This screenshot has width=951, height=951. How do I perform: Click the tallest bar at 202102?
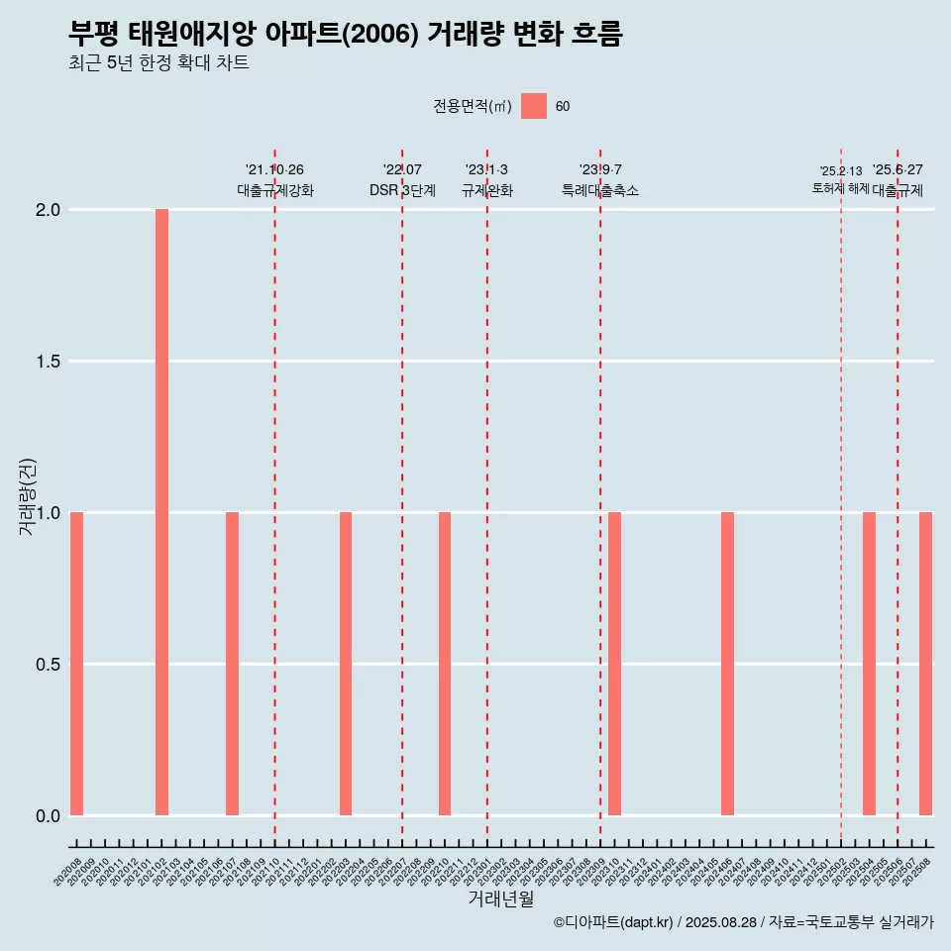click(161, 512)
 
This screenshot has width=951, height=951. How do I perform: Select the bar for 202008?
click(76, 664)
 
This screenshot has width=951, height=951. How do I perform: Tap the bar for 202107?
click(232, 664)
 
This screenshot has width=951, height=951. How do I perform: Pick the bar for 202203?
click(346, 664)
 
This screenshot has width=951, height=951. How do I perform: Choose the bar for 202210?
click(445, 664)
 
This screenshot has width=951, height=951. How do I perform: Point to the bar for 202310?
click(614, 664)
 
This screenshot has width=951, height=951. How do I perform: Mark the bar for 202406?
click(727, 664)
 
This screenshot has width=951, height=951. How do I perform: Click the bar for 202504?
click(869, 664)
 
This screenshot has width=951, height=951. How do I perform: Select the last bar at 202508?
click(925, 664)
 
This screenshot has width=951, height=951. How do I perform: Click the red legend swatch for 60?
click(534, 106)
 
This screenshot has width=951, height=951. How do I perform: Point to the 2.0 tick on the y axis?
click(49, 210)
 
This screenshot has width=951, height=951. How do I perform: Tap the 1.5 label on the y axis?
click(49, 362)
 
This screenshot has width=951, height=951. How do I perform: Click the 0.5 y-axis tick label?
click(49, 665)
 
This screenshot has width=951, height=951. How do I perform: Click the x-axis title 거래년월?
click(500, 898)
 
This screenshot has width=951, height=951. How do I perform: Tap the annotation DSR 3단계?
click(402, 190)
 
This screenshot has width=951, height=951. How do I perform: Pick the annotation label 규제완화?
click(487, 190)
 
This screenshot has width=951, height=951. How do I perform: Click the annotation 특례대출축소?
click(600, 190)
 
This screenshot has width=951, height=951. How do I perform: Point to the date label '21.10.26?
click(274, 170)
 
